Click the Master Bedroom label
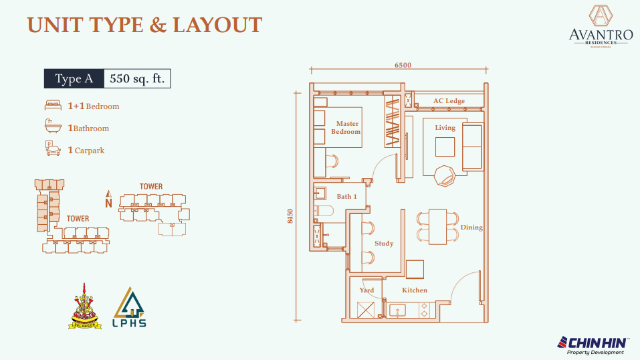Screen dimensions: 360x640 click(347, 128)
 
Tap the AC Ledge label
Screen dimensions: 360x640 click(449, 101)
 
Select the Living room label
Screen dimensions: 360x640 click(445, 128)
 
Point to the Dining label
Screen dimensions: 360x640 click(471, 228)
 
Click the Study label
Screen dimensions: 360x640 click(384, 244)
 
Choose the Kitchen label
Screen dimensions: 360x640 click(414, 290)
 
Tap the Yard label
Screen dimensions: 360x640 click(366, 290)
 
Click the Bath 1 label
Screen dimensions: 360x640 click(346, 197)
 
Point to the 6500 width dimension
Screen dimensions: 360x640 click(403, 66)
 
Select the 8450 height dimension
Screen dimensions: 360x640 click(290, 217)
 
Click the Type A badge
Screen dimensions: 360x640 click(74, 79)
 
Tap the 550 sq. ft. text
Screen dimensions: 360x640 click(137, 79)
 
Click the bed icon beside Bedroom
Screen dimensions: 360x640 click(53, 106)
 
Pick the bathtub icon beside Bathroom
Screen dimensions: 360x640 click(53, 127)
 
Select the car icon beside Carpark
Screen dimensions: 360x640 click(52, 149)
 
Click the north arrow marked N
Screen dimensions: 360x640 click(108, 199)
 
